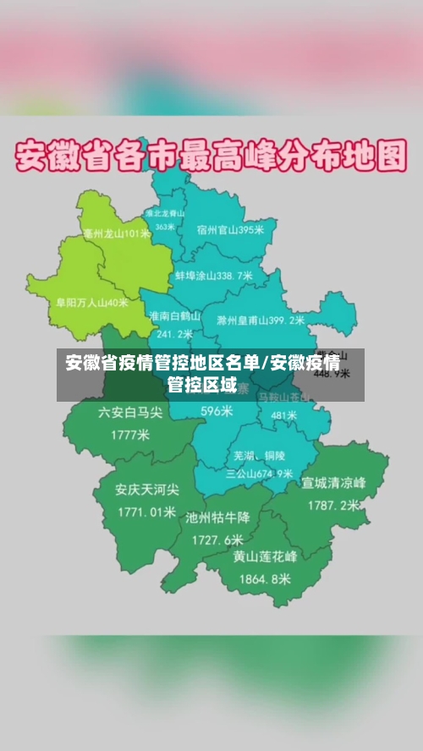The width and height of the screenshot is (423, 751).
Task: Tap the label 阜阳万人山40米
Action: tap(92, 301)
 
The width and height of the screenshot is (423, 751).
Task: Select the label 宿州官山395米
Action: tap(229, 229)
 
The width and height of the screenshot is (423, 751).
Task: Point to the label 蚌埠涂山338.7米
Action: tap(213, 276)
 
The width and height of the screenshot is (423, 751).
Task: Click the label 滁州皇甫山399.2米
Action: tap(260, 321)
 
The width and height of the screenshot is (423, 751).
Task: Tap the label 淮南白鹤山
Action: tap(174, 315)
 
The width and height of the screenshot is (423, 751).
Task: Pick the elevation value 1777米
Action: tap(129, 435)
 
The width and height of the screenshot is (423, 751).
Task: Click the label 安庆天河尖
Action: tap(147, 490)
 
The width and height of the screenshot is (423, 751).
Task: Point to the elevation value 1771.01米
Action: tap(146, 512)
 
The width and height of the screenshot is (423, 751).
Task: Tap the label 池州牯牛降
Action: tap(217, 518)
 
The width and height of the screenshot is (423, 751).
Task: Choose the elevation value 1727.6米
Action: tap(217, 539)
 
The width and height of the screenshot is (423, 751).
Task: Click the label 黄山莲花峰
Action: tap(266, 557)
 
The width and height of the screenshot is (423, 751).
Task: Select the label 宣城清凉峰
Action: tap(333, 484)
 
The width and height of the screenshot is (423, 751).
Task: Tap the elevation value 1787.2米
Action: tap(333, 506)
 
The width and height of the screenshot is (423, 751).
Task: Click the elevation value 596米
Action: tap(217, 411)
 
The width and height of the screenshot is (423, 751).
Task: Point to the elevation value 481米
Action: tap(283, 416)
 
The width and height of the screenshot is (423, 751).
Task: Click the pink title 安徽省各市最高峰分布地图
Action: tap(211, 157)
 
